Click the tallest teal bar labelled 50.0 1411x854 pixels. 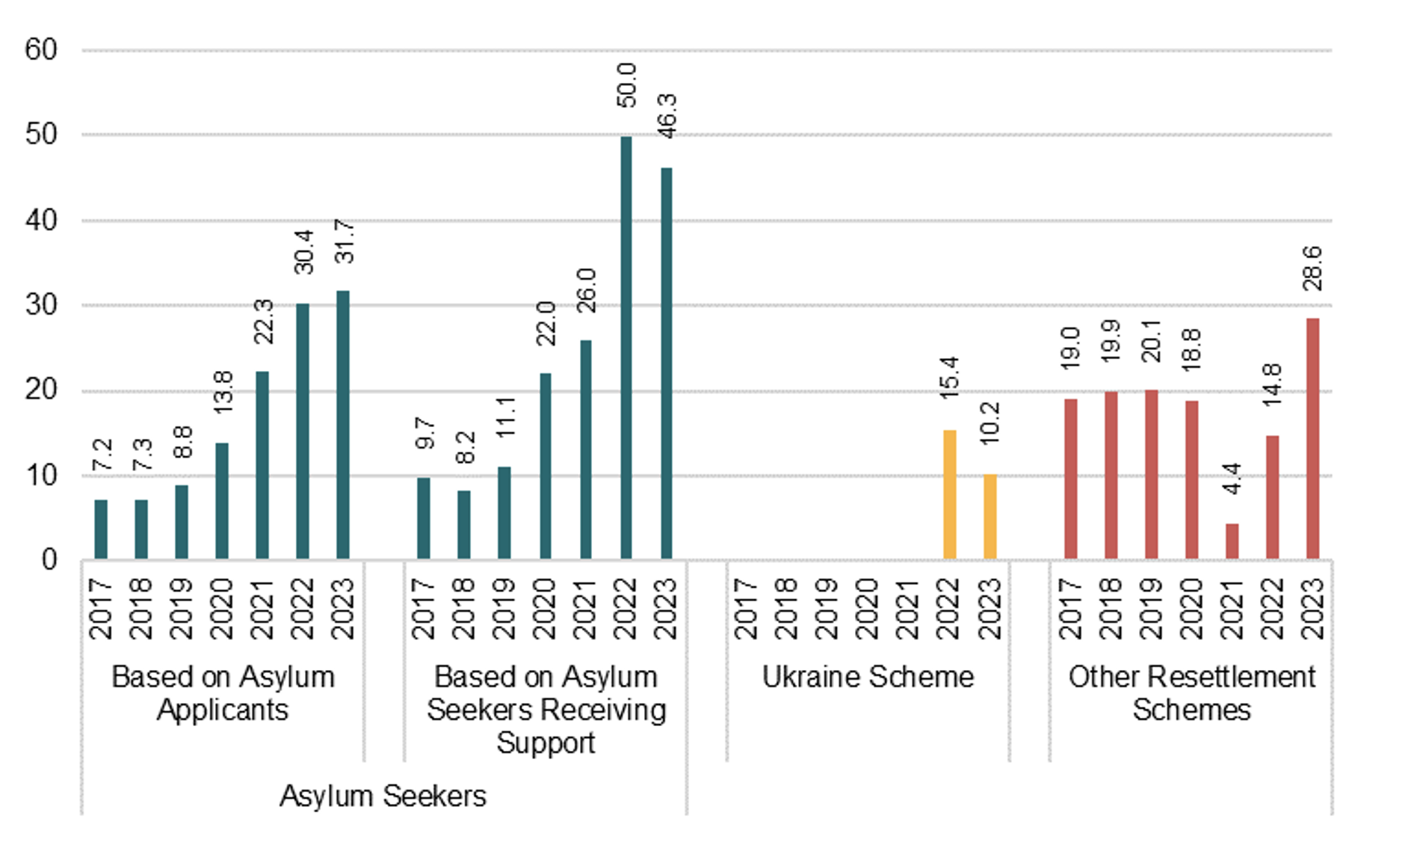click(x=626, y=348)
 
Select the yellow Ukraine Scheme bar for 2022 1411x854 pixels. click(x=949, y=494)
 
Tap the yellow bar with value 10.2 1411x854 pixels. click(x=989, y=516)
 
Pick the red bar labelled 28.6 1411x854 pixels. click(x=1312, y=438)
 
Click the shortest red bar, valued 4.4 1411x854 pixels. click(x=1232, y=541)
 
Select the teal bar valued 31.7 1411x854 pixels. click(x=342, y=425)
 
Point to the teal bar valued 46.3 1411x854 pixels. click(x=666, y=363)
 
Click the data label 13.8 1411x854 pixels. click(x=223, y=392)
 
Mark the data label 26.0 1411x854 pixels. click(x=586, y=290)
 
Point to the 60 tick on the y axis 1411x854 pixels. click(x=41, y=50)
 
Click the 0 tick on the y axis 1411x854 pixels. click(x=49, y=559)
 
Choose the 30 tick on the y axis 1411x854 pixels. click(x=41, y=305)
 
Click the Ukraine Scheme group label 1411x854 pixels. click(x=868, y=677)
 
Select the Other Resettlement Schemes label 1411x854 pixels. click(x=1191, y=693)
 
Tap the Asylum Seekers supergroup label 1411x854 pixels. click(x=383, y=796)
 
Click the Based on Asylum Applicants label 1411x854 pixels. click(x=223, y=693)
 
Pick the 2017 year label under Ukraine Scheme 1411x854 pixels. click(x=747, y=608)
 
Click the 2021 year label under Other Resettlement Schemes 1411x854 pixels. click(x=1232, y=608)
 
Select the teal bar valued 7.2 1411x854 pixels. click(x=101, y=529)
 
